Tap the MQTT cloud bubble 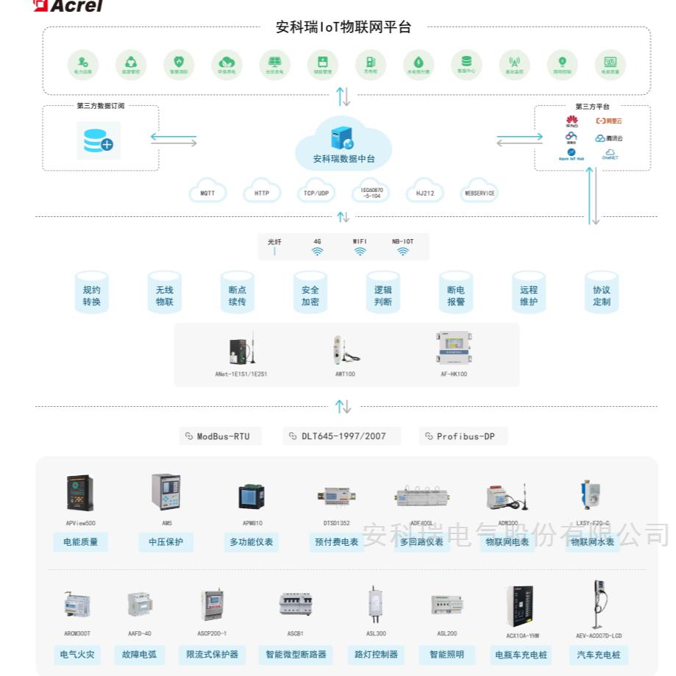[x=207, y=193]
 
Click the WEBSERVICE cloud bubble [x=480, y=193]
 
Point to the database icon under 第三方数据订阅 [x=99, y=140]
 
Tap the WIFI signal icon [x=360, y=251]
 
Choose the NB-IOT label [x=402, y=241]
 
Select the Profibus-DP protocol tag [x=463, y=436]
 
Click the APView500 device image [x=80, y=493]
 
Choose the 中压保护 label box [x=166, y=542]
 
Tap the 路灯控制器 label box [x=376, y=654]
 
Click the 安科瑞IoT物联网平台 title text [x=343, y=28]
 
